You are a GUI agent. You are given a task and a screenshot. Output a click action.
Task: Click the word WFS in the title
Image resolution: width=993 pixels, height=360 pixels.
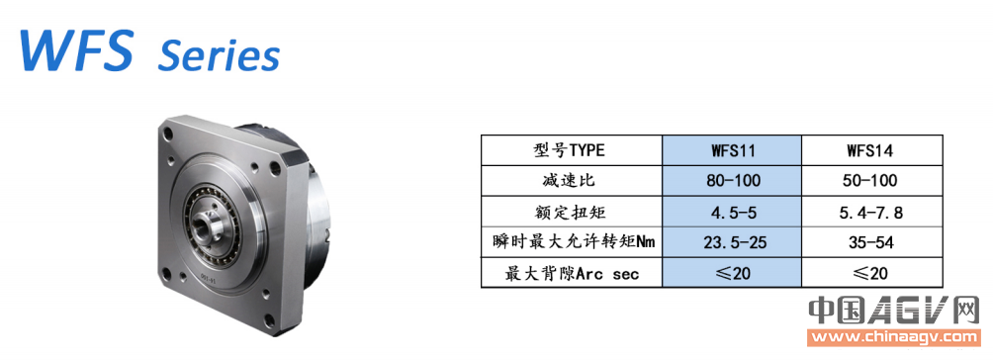76,48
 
